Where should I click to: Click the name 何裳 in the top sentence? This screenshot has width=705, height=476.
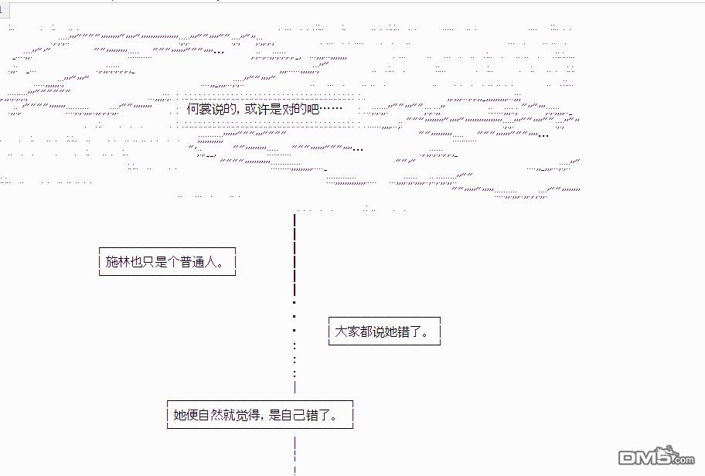[x=199, y=110]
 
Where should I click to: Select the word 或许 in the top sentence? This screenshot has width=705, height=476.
[x=257, y=110]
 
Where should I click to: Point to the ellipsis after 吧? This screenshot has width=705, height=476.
[x=331, y=110]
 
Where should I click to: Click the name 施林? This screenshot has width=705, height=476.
[x=118, y=262]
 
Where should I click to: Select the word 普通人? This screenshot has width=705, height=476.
[x=194, y=262]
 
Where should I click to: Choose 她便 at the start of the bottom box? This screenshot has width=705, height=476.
[x=186, y=415]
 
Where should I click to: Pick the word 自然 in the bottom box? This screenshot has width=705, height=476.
[x=211, y=415]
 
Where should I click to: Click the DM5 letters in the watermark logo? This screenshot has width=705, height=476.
[x=642, y=455]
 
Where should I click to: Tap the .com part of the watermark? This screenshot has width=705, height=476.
[x=683, y=460]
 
